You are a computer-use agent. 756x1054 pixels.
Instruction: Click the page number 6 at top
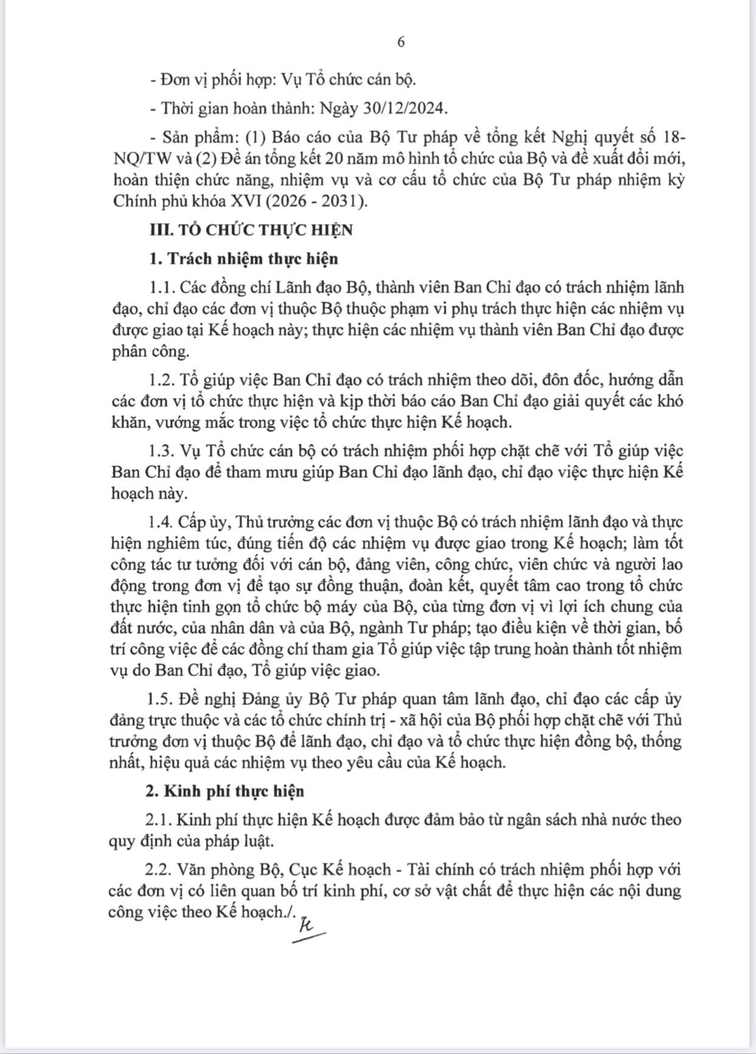(401, 42)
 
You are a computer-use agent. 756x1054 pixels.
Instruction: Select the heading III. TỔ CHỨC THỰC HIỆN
(251, 229)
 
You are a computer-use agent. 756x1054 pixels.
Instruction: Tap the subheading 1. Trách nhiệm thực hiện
(243, 258)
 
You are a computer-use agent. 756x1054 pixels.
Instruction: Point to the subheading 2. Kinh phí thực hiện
(226, 790)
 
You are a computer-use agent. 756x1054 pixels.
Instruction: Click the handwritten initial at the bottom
(308, 927)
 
